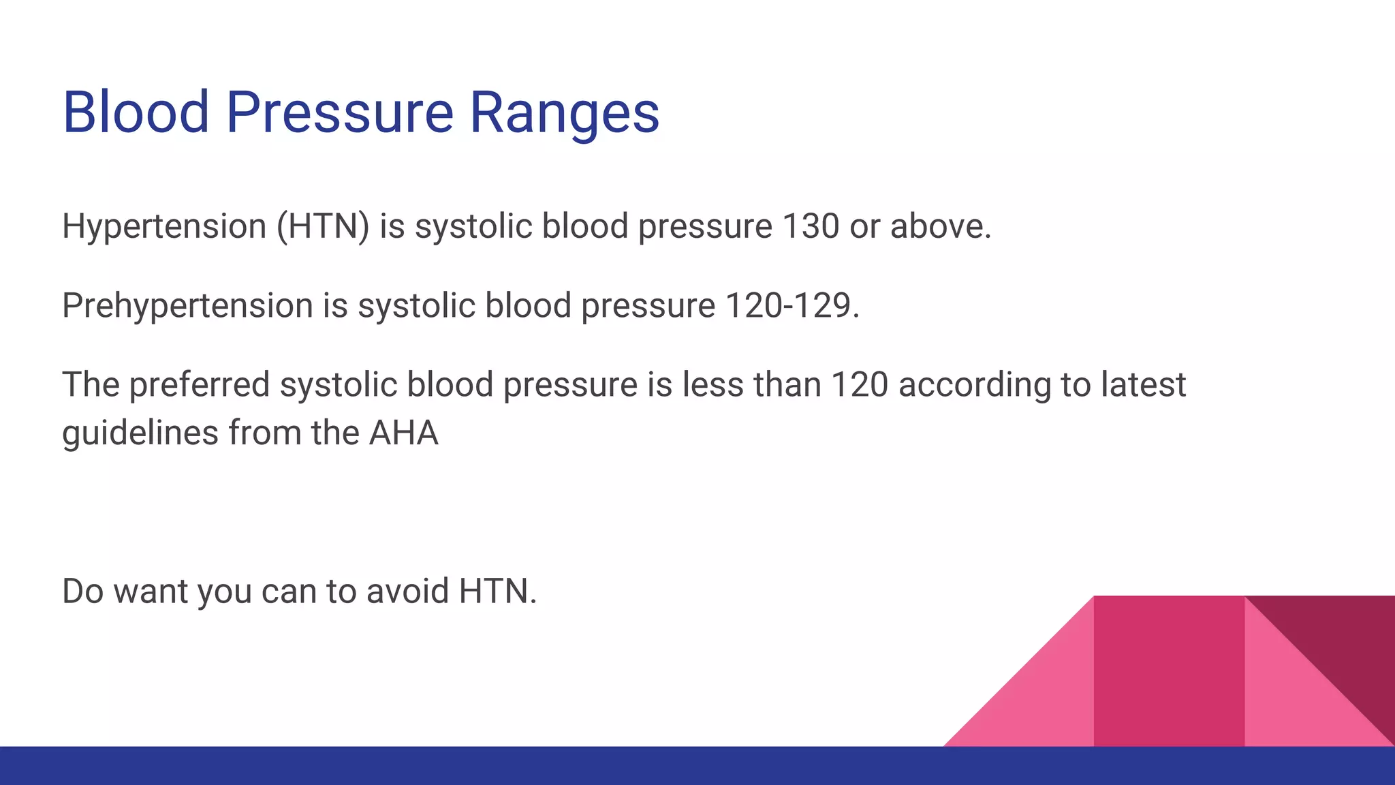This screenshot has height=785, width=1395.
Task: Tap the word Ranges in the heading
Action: [564, 113]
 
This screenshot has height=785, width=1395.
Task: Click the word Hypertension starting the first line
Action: [163, 227]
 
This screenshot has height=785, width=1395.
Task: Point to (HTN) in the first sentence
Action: [322, 227]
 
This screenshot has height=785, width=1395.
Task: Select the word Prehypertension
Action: [187, 306]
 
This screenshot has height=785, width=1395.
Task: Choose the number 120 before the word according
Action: [860, 385]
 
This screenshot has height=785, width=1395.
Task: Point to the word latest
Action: [1143, 385]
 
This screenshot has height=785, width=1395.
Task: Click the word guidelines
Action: [140, 433]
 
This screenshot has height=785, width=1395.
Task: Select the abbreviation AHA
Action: [403, 433]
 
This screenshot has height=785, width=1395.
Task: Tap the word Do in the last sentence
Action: [82, 591]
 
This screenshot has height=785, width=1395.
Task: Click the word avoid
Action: [407, 591]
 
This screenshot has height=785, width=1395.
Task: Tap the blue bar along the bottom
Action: [477, 766]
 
